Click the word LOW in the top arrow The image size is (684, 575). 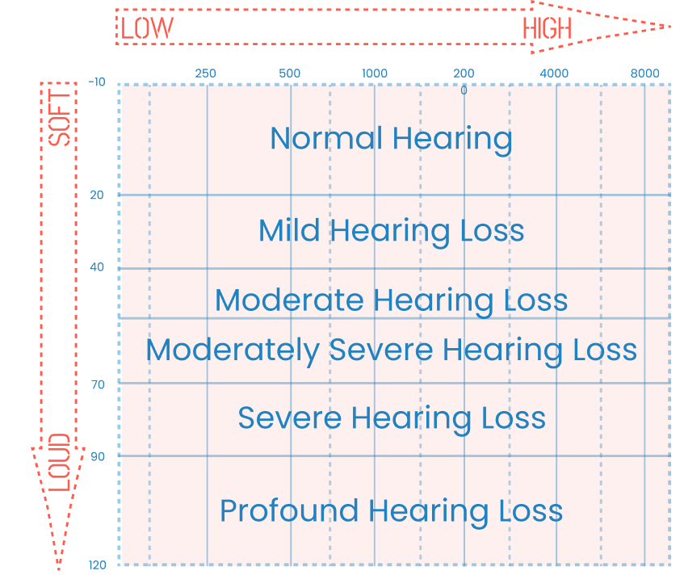[147, 28]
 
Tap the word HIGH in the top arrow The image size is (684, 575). [547, 28]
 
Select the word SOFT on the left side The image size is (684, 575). [60, 117]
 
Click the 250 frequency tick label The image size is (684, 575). [206, 73]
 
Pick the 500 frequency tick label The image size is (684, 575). [289, 73]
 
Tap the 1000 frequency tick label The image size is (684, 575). [374, 73]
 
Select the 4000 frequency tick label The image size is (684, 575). [554, 73]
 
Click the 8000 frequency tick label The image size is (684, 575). [644, 73]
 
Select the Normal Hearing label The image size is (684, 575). [391, 138]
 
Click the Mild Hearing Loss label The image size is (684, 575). [391, 231]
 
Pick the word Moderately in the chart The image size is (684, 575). [232, 351]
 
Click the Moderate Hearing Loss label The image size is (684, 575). [391, 300]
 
